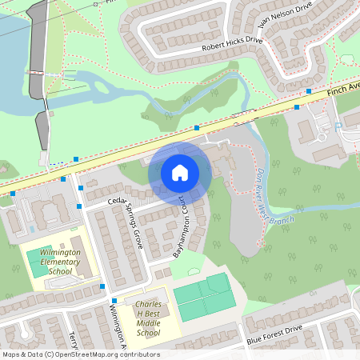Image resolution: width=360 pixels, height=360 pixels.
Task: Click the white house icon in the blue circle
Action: [x=180, y=172]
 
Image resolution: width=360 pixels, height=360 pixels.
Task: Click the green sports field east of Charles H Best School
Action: [x=205, y=297]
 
